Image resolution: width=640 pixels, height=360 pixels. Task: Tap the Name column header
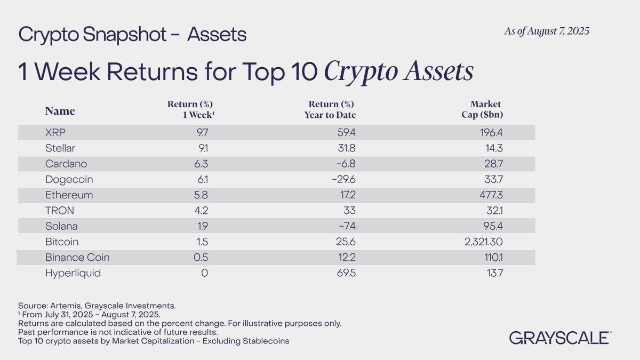tap(60, 111)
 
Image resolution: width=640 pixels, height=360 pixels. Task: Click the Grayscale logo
tap(560, 338)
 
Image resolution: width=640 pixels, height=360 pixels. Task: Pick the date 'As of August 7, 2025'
tap(546, 31)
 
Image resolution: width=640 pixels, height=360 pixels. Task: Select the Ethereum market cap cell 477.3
tap(489, 195)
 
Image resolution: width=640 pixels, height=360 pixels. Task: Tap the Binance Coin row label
tap(77, 258)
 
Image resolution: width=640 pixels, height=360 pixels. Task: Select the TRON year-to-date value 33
tap(349, 211)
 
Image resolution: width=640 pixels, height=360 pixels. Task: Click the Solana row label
tap(61, 226)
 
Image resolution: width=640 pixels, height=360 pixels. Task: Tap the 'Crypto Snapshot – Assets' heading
tap(132, 35)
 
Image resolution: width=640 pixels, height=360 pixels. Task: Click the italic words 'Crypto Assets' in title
tap(398, 71)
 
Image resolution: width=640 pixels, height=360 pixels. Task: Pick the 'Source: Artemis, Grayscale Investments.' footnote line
tap(97, 306)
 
